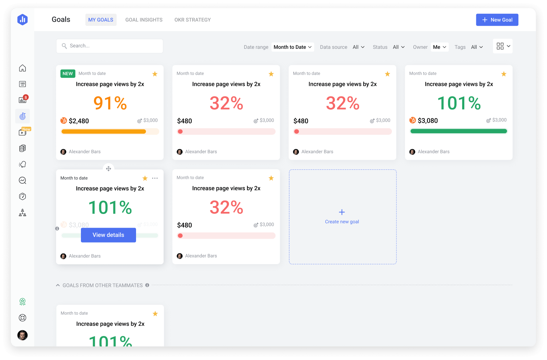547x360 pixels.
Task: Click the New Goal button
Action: pyautogui.click(x=497, y=20)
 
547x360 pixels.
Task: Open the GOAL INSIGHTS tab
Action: pyautogui.click(x=144, y=20)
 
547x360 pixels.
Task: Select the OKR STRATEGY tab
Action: pyautogui.click(x=192, y=20)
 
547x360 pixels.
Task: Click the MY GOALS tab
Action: pyautogui.click(x=101, y=20)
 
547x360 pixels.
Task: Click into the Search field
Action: pyautogui.click(x=110, y=46)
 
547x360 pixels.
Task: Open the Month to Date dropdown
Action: pyautogui.click(x=293, y=47)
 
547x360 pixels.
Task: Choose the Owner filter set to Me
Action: pyautogui.click(x=440, y=47)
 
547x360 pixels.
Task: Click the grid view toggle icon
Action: pyautogui.click(x=500, y=46)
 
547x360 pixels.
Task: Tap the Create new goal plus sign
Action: pyautogui.click(x=342, y=212)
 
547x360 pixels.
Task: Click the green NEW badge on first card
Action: pyautogui.click(x=67, y=74)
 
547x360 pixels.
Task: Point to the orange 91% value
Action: pyautogui.click(x=110, y=103)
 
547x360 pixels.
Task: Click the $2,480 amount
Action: pyautogui.click(x=79, y=121)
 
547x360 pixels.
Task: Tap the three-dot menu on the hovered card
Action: pyautogui.click(x=155, y=178)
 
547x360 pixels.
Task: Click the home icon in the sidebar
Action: pyautogui.click(x=23, y=68)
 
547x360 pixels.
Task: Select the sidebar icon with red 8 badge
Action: pyautogui.click(x=23, y=100)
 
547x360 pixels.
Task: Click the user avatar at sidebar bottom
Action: pyautogui.click(x=23, y=335)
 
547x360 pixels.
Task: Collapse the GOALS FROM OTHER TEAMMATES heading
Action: pyautogui.click(x=58, y=285)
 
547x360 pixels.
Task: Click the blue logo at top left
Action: pyautogui.click(x=23, y=19)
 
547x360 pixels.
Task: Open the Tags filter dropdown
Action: pyautogui.click(x=477, y=47)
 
